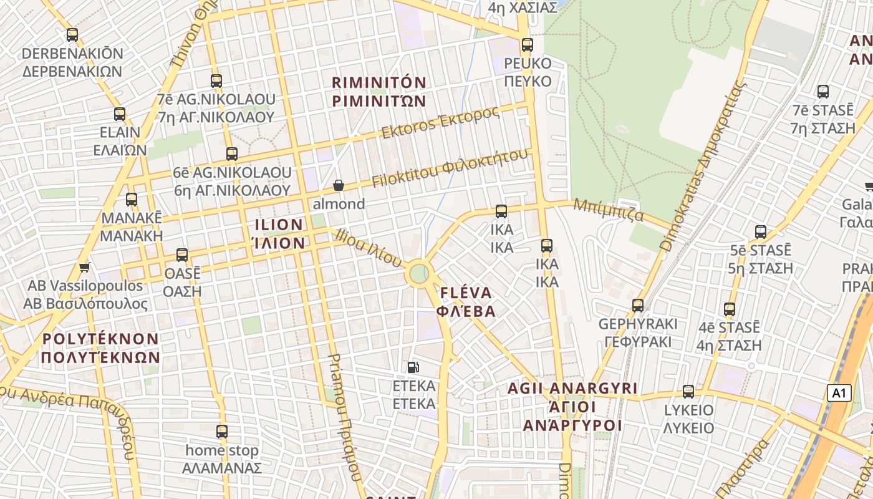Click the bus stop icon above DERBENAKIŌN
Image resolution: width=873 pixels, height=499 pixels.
pyautogui.click(x=72, y=35)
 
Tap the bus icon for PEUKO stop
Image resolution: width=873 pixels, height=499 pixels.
pyautogui.click(x=528, y=45)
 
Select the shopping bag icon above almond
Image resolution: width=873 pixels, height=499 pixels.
pyautogui.click(x=339, y=185)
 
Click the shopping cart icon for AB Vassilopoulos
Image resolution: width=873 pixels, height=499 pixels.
pyautogui.click(x=85, y=268)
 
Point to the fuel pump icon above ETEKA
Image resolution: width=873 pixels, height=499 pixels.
pyautogui.click(x=413, y=367)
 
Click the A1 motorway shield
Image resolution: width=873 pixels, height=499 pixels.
pyautogui.click(x=839, y=393)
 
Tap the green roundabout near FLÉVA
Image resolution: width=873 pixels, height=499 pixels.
pyautogui.click(x=419, y=273)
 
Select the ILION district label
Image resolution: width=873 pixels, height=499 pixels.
pyautogui.click(x=279, y=234)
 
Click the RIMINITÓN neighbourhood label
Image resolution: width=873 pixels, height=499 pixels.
pyautogui.click(x=379, y=92)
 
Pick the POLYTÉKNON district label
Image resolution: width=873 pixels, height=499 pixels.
pyautogui.click(x=101, y=348)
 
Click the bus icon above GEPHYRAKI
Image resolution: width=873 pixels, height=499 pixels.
pyautogui.click(x=638, y=306)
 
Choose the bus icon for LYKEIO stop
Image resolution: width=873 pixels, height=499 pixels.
pyautogui.click(x=688, y=392)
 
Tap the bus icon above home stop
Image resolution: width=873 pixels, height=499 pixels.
pyautogui.click(x=222, y=432)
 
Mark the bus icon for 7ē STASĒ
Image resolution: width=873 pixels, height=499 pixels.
pyautogui.click(x=823, y=92)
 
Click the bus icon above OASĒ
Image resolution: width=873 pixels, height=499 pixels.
pyautogui.click(x=182, y=255)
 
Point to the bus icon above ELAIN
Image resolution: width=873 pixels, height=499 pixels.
pyautogui.click(x=120, y=114)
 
